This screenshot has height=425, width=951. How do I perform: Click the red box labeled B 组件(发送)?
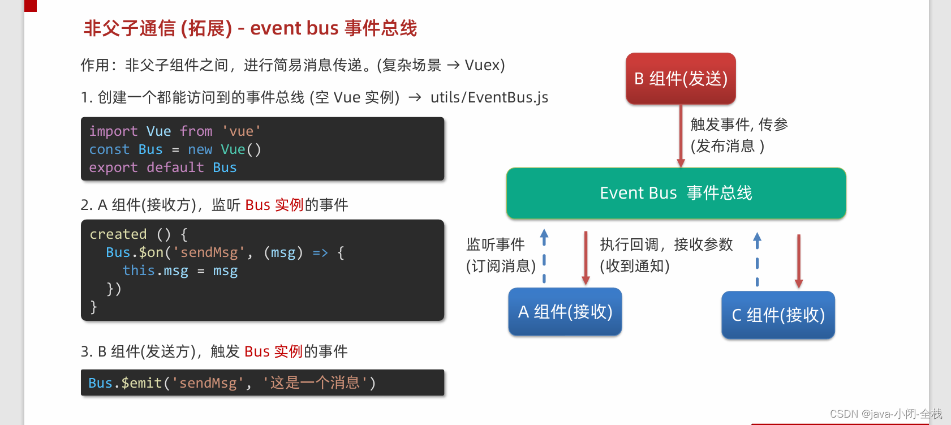coord(681,79)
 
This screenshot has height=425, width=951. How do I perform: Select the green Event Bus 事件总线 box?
coord(676,193)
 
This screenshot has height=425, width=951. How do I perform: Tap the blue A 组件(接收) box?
coord(565,312)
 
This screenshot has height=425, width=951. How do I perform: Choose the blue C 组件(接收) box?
coord(778,315)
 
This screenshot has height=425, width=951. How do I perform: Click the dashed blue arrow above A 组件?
coord(544,255)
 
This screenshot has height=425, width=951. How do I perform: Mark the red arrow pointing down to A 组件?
coord(586,257)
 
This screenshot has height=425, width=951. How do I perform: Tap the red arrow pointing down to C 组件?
coord(798,260)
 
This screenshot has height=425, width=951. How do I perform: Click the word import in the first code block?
coord(113,131)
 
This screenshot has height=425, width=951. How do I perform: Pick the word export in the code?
coord(113,168)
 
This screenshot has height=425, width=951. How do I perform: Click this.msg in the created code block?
coord(155,271)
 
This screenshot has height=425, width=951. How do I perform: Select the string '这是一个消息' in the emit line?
coord(315,383)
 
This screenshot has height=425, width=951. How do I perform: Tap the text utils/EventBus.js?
coord(489,97)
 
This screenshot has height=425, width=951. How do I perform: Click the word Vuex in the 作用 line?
coord(481,65)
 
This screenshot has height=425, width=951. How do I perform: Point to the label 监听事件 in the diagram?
coord(495,244)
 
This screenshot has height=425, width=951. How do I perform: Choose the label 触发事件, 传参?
coord(739,125)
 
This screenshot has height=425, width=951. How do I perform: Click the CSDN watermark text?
coord(885,414)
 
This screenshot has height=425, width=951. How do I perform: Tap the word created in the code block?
coord(118,234)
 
